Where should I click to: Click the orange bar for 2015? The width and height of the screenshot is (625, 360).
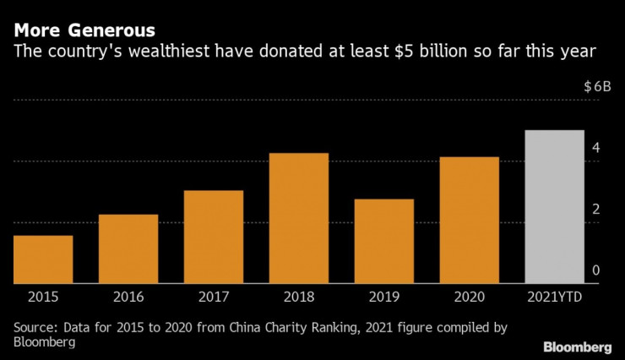43,259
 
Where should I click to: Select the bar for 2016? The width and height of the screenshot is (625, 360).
128,249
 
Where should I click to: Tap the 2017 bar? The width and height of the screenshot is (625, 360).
214,237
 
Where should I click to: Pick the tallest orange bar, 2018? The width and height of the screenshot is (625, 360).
298,219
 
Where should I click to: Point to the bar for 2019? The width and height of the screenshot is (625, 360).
383,242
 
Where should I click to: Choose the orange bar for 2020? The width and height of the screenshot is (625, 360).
469,221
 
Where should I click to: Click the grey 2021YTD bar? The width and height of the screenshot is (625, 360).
554,207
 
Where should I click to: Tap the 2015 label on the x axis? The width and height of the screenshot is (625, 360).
43,297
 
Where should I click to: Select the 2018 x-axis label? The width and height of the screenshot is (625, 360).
298,297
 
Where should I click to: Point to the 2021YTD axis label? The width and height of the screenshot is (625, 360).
554,297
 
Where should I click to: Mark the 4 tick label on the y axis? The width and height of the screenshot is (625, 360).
595,149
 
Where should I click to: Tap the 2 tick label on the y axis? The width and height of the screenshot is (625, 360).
595,210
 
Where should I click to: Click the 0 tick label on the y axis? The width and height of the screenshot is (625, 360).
595,270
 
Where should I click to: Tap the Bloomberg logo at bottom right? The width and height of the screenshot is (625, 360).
577,347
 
